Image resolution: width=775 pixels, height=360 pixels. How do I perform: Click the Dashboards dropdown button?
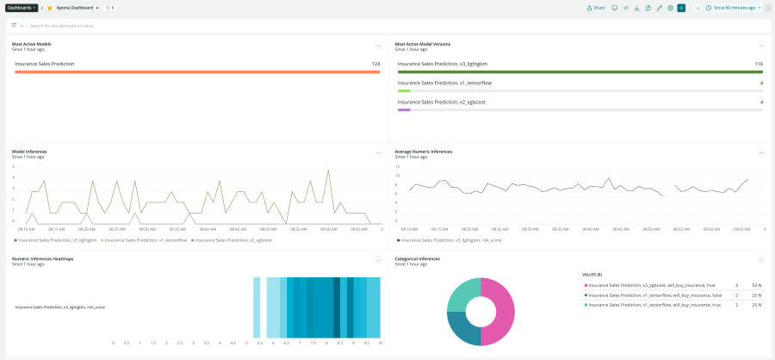(22, 7)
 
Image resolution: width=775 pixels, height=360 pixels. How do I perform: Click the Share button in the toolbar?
(596, 7)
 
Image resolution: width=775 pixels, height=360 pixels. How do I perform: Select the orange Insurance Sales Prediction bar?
(197, 71)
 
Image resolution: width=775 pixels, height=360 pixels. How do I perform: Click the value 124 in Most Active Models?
(375, 64)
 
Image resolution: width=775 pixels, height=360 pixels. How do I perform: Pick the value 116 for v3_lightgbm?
(758, 64)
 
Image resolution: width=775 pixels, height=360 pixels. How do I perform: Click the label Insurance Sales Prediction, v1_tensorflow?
(444, 83)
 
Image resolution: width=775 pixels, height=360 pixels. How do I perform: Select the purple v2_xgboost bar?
(404, 109)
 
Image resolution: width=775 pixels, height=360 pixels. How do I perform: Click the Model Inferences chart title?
(29, 152)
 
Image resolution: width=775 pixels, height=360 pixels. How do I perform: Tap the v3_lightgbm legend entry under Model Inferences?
(55, 240)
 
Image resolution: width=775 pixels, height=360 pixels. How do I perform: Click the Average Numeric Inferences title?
(423, 152)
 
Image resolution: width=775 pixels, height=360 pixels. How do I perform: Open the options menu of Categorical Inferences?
(761, 259)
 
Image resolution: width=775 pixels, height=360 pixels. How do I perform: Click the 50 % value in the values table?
(756, 284)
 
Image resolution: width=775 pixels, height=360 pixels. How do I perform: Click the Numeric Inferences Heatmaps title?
(42, 258)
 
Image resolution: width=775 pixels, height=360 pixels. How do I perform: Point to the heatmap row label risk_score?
(59, 307)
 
